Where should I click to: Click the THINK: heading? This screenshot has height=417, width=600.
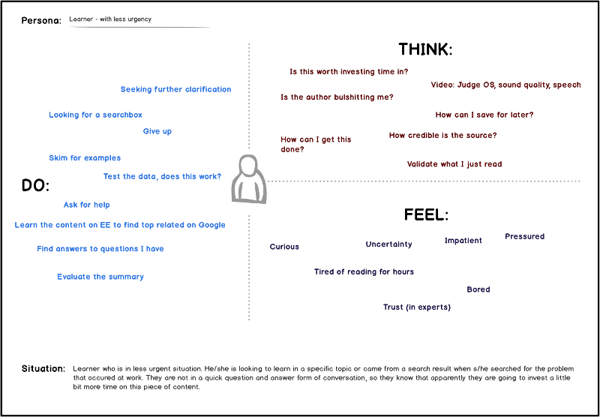(x=425, y=49)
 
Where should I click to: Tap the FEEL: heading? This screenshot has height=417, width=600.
(x=426, y=215)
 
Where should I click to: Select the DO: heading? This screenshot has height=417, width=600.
(x=35, y=186)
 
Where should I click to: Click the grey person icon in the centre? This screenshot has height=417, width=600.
(x=249, y=178)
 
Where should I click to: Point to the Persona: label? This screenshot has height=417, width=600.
(x=41, y=21)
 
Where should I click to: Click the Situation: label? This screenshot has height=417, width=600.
(x=43, y=369)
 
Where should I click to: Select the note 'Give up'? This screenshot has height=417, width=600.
(x=157, y=131)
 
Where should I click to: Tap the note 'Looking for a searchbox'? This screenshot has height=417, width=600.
(x=95, y=115)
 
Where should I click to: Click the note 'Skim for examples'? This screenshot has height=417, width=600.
(x=85, y=158)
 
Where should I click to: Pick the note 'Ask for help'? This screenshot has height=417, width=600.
(x=86, y=205)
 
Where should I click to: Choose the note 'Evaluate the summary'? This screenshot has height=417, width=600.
(x=100, y=277)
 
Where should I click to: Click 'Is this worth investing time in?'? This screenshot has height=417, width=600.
(x=349, y=71)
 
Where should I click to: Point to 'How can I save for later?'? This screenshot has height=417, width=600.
(x=484, y=115)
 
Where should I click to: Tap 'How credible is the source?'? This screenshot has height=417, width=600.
(x=442, y=136)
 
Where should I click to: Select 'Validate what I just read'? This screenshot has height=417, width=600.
(x=454, y=164)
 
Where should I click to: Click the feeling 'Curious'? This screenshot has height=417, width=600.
(x=284, y=247)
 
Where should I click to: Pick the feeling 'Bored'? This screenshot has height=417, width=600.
(x=478, y=289)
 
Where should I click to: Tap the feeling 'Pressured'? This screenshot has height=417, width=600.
(x=524, y=236)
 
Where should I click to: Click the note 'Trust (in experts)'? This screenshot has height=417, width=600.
(x=417, y=307)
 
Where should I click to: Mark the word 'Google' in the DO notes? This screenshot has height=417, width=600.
(x=211, y=225)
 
